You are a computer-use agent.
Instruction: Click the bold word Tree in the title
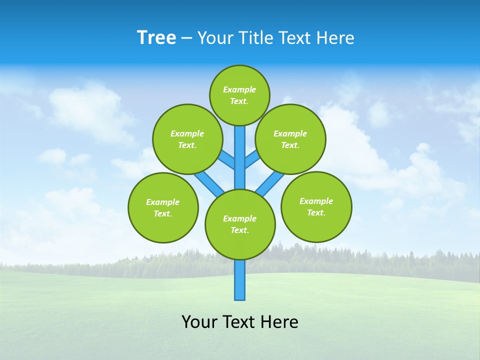pos(156,38)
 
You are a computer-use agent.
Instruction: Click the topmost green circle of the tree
pos(239,95)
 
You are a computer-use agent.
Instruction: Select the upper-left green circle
pos(187,139)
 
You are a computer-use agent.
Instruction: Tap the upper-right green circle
pos(290,139)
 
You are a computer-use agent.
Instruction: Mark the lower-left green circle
pos(163,207)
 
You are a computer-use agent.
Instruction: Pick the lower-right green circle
pos(316,206)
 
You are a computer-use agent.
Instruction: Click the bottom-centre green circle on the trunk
pos(240,224)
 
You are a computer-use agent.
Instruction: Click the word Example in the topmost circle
pos(239,89)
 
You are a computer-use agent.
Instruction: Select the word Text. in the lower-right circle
pos(316,212)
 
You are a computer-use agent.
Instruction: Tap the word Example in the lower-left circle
pos(163,202)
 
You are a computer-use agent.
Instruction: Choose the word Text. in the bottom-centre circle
pos(240,230)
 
